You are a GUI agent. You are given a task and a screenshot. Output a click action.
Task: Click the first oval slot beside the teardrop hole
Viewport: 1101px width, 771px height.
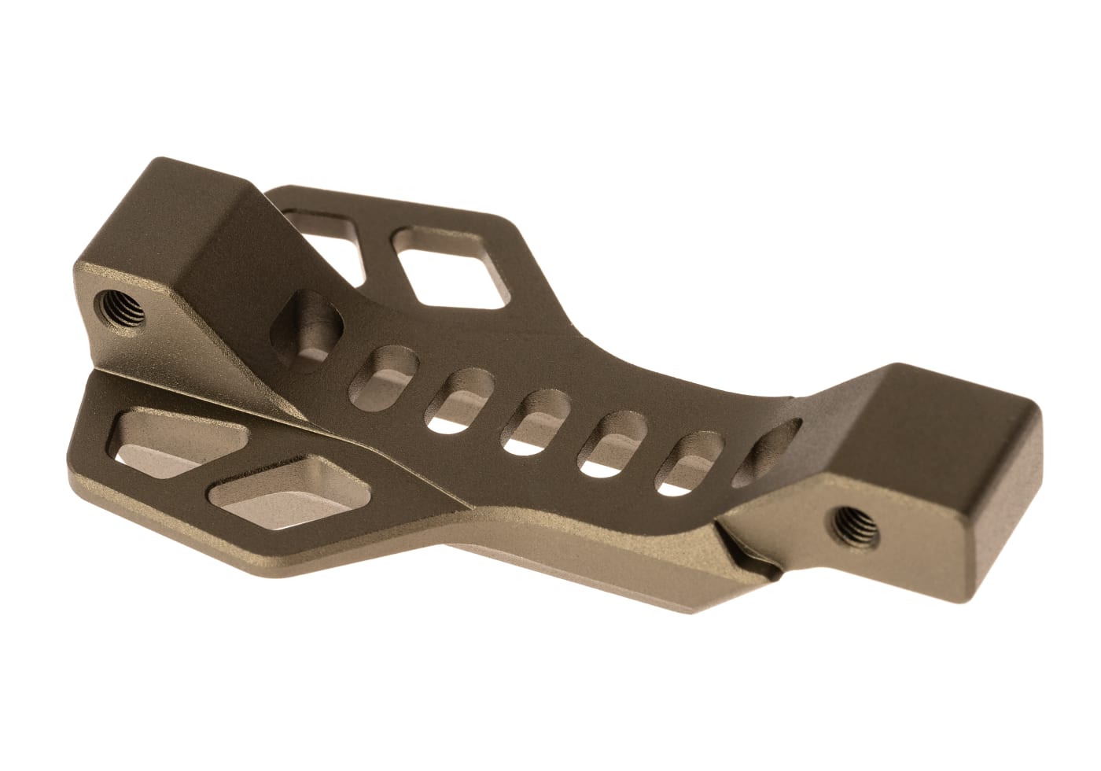(385, 374)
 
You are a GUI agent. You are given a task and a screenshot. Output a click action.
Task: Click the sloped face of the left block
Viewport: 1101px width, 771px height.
(236, 275)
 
